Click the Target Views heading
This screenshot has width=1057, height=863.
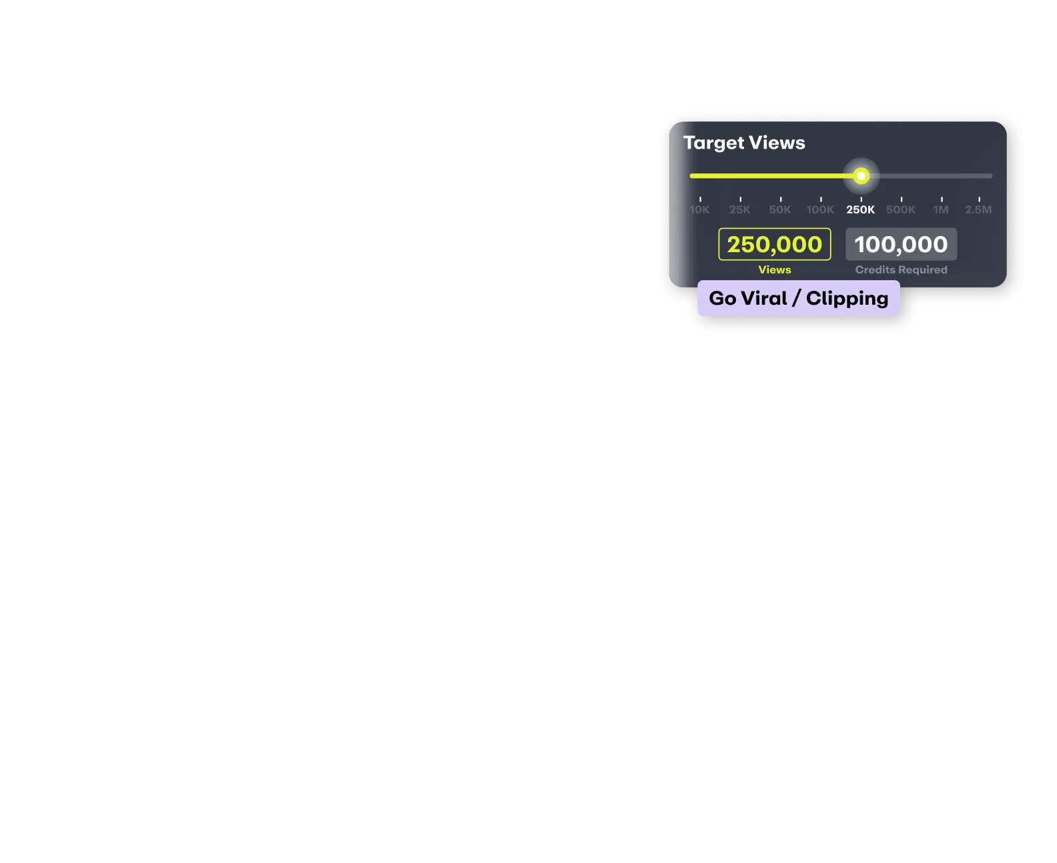[744, 143]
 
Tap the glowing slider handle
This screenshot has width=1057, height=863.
[861, 176]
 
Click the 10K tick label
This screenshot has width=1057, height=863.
[699, 209]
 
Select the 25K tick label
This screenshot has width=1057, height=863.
[739, 209]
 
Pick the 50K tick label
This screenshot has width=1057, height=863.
[779, 209]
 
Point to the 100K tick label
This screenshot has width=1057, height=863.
[820, 209]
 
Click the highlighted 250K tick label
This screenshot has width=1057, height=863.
[861, 209]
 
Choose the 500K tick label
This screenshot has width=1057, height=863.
[901, 209]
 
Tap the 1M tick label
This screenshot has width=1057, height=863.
[941, 209]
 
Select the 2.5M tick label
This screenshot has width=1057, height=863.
[978, 209]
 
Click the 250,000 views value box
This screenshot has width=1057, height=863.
[775, 244]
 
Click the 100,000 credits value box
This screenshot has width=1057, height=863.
[901, 244]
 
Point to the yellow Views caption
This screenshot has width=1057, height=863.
[775, 270]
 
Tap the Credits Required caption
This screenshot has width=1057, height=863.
[901, 270]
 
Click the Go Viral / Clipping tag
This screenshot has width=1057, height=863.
[798, 298]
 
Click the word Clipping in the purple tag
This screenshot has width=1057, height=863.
[847, 298]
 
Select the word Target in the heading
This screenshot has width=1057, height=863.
[713, 143]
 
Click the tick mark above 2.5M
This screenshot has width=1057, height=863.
[979, 199]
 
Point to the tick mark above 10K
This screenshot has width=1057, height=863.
[700, 199]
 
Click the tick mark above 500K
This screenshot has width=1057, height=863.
[902, 199]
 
